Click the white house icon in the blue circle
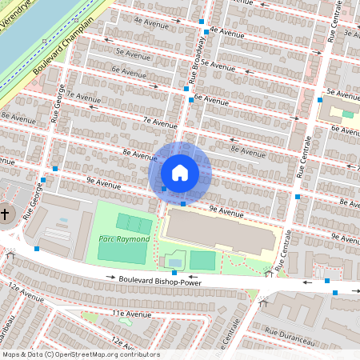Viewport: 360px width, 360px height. (179, 173)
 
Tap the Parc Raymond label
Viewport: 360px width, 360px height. (124, 239)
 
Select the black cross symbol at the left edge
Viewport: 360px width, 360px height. (5, 214)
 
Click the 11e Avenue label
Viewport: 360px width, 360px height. (131, 314)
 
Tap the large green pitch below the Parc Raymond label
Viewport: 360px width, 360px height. (123, 250)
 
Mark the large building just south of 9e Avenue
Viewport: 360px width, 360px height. (216, 232)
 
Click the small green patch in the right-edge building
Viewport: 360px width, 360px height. (347, 114)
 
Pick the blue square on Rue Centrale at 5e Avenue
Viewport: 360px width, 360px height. (320, 100)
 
